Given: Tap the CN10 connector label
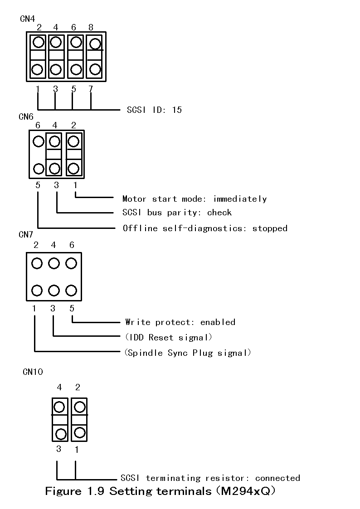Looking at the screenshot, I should pyautogui.click(x=33, y=372).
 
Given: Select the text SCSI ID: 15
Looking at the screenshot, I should pyautogui.click(x=154, y=110).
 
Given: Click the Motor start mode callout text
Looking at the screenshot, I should pyautogui.click(x=195, y=199).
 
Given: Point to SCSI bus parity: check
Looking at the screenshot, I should pyautogui.click(x=177, y=213).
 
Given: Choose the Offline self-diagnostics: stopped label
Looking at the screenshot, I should pyautogui.click(x=205, y=228).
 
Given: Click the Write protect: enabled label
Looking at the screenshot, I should pyautogui.click(x=180, y=322).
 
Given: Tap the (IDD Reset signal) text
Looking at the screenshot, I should pyautogui.click(x=168, y=337).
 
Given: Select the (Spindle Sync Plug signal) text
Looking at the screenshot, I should pyautogui.click(x=188, y=353).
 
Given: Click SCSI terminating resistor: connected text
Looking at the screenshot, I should pyautogui.click(x=210, y=478).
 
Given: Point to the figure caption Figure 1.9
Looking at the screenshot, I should pyautogui.click(x=160, y=491).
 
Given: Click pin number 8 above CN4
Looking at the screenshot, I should pyautogui.click(x=91, y=28).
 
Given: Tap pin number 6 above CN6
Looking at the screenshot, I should pyautogui.click(x=38, y=125).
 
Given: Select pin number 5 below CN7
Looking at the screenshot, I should pyautogui.click(x=72, y=309).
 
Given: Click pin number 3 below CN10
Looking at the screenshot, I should pyautogui.click(x=58, y=449).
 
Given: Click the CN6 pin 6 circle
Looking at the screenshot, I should pyautogui.click(x=38, y=141).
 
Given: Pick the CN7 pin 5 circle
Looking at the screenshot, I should pyautogui.click(x=71, y=290).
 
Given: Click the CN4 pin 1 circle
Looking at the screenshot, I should pyautogui.click(x=38, y=70).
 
